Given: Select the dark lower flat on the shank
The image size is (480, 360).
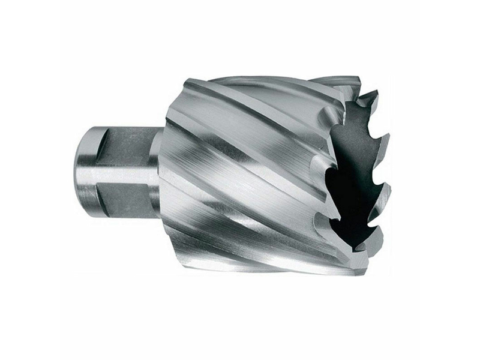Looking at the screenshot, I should pos(123,195).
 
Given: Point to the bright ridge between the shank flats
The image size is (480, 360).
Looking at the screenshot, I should pos(123,174).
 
